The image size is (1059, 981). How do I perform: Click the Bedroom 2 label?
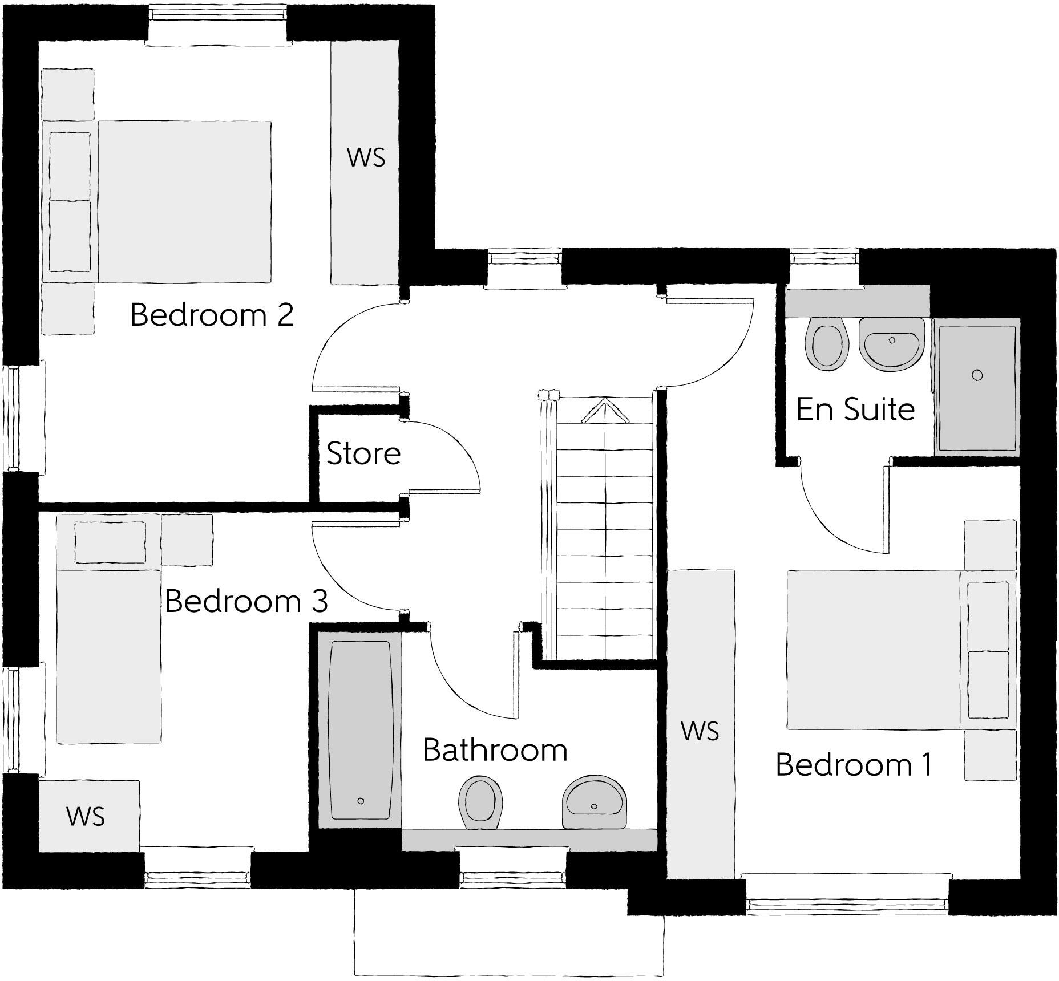click(x=212, y=315)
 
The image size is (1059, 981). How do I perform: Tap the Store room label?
click(x=363, y=454)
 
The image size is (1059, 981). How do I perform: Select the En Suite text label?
click(x=855, y=410)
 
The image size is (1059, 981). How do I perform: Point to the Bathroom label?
click(x=495, y=750)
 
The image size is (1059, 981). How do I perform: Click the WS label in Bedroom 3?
click(x=86, y=817)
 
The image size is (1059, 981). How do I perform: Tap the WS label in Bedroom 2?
click(x=366, y=158)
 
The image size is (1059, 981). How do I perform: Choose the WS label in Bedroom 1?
click(x=700, y=731)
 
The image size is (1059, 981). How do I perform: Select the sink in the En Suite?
click(x=891, y=345)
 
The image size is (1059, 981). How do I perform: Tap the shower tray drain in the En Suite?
click(x=977, y=375)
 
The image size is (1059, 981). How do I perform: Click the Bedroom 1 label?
click(x=854, y=765)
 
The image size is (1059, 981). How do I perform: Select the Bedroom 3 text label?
click(x=246, y=601)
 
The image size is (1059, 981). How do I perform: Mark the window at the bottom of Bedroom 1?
click(x=847, y=903)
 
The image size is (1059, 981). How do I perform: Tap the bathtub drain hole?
click(x=361, y=801)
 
